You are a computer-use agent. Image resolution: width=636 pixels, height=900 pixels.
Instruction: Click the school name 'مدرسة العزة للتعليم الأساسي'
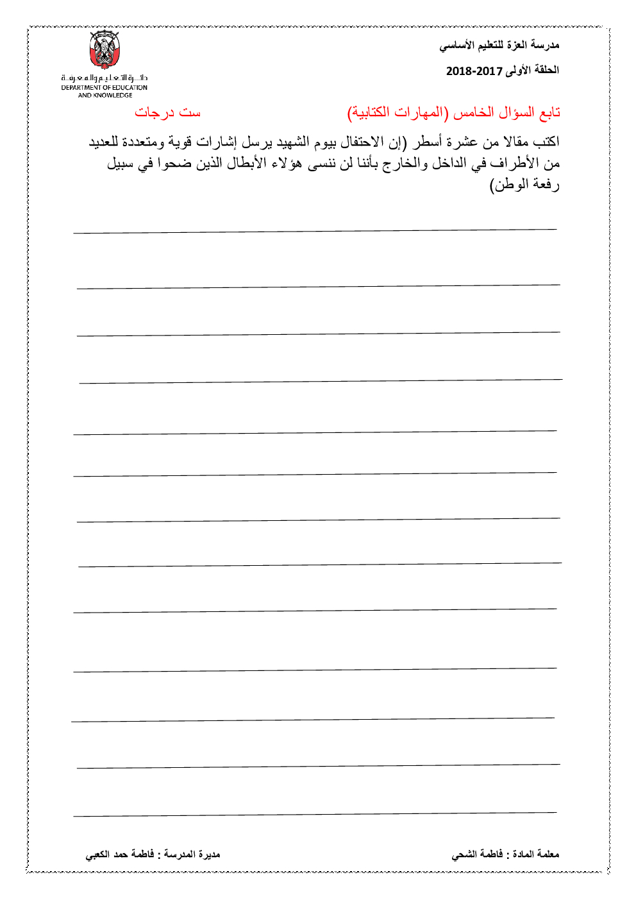[x=499, y=45]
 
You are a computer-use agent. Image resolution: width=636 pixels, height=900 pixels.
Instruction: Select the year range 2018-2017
[x=474, y=71]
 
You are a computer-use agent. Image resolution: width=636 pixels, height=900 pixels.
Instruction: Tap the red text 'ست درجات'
[x=167, y=113]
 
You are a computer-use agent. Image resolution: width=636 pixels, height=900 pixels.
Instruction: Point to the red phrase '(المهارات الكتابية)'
[x=396, y=113]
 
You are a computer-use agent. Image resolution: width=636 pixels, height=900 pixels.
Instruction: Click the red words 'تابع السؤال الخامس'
[x=506, y=113]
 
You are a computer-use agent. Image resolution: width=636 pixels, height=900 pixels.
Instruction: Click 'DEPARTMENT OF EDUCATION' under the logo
[x=105, y=88]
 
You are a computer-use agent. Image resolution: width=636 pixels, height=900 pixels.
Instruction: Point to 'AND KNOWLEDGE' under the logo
[x=105, y=96]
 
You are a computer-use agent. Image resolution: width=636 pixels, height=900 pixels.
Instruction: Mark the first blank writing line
[x=315, y=230]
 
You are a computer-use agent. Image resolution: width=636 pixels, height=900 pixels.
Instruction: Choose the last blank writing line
[x=315, y=814]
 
